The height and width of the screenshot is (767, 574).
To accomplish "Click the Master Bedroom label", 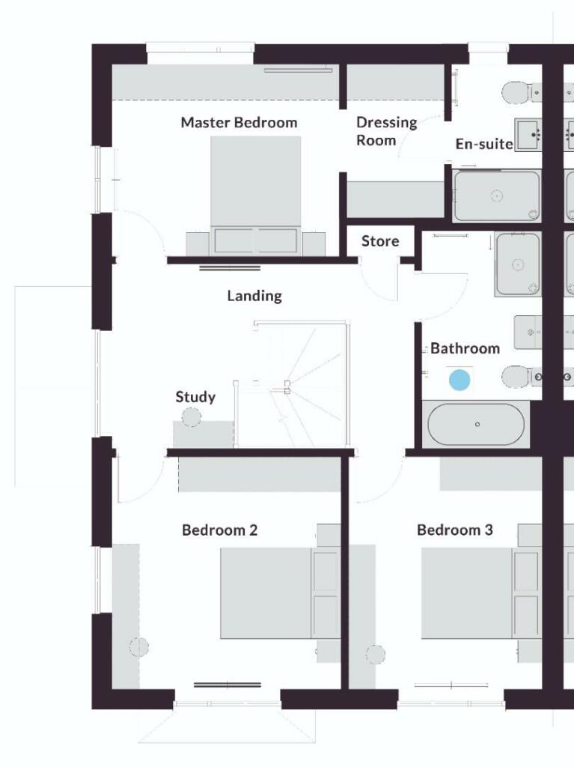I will click(239, 122).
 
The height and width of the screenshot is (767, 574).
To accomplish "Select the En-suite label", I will click(484, 144).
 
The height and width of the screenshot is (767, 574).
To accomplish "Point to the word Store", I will click(380, 241).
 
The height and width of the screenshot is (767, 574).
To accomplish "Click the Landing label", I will click(254, 296).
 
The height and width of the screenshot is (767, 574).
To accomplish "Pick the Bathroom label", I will click(465, 348).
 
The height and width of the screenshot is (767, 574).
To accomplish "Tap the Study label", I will click(195, 397).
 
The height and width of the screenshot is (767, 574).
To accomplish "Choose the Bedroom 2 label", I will click(220, 530).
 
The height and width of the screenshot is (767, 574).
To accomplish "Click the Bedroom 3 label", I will click(455, 530).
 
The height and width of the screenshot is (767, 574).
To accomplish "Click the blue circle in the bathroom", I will click(459, 380).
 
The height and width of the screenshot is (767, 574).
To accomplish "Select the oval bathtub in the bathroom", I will click(477, 425).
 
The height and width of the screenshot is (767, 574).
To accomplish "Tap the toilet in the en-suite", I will click(516, 93).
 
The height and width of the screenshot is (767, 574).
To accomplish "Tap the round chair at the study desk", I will click(192, 416).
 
